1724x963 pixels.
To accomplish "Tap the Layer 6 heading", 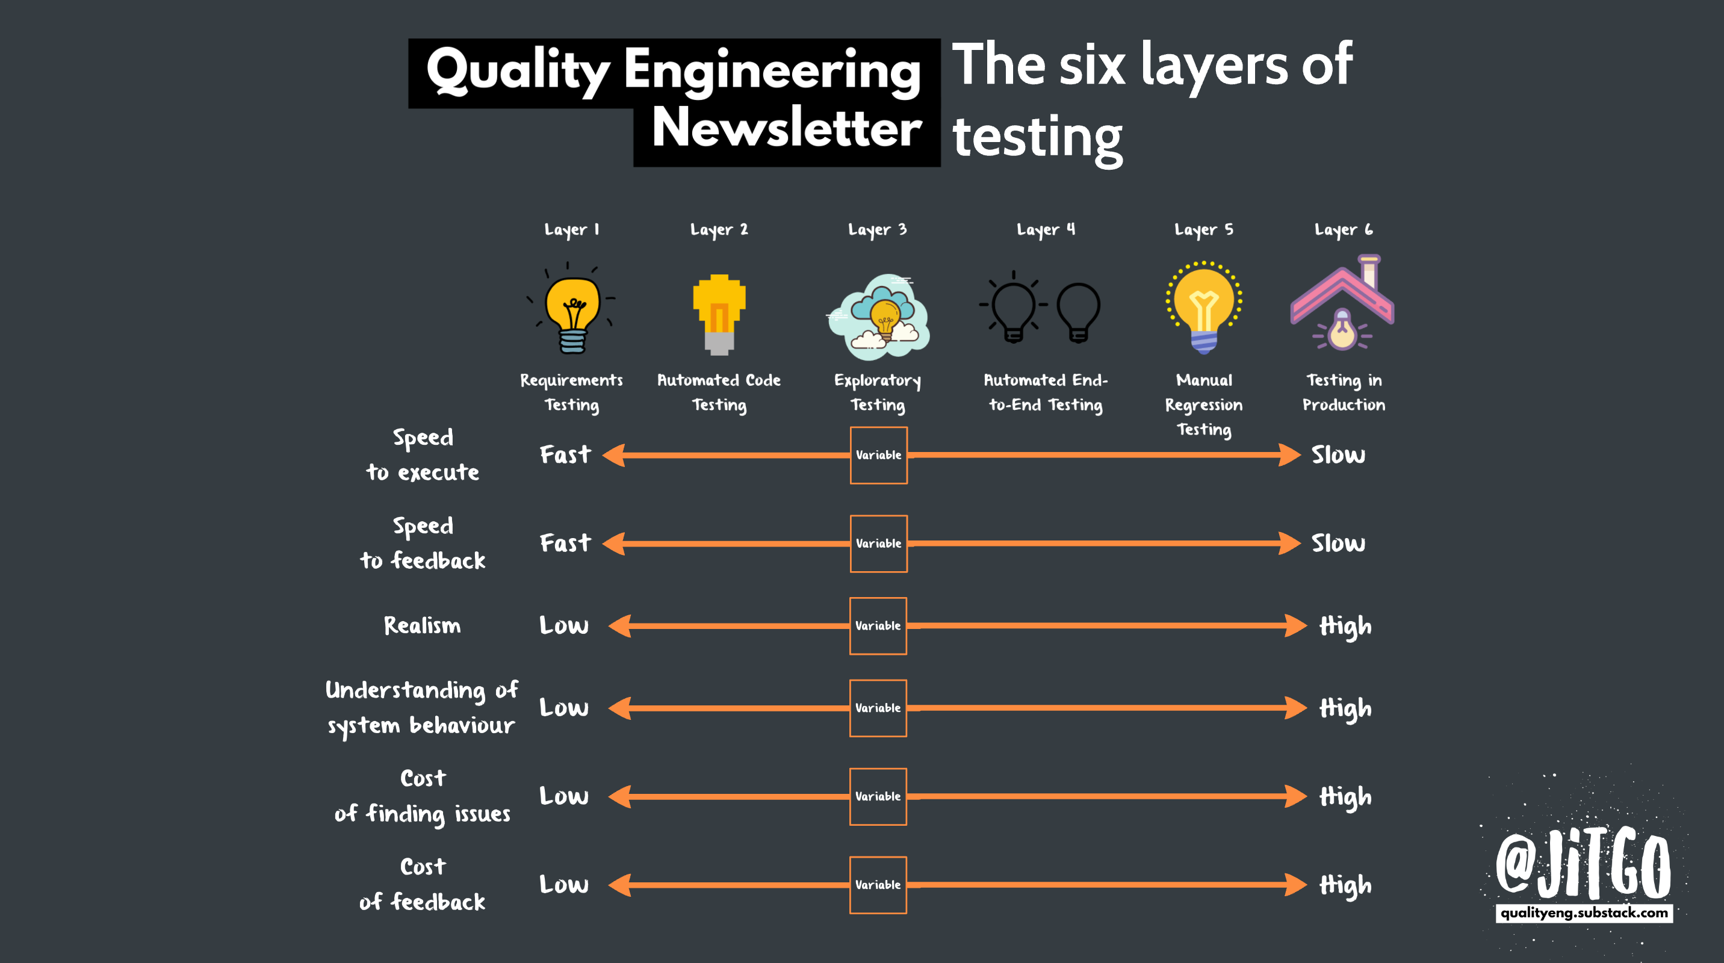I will [1343, 229].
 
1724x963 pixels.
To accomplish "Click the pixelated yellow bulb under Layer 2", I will [719, 314].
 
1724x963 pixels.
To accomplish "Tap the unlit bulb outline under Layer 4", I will [1078, 311].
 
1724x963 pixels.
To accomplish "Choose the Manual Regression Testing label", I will [1203, 404].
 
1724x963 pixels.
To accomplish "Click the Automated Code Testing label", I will [719, 392].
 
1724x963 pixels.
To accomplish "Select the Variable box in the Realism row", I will [878, 626].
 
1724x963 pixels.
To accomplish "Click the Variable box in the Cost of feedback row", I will [878, 885].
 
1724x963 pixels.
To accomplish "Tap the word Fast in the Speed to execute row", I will [565, 455].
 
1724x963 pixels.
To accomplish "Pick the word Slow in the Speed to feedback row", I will [1338, 543].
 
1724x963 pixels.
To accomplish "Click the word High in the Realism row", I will [1345, 627].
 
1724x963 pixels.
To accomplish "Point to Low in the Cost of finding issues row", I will [564, 796].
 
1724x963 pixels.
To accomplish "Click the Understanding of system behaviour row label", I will [421, 707].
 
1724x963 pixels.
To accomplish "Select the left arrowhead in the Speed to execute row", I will [615, 455].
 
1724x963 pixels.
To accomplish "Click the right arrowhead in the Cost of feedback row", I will [1295, 885].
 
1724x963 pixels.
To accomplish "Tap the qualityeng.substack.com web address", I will [1584, 913].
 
